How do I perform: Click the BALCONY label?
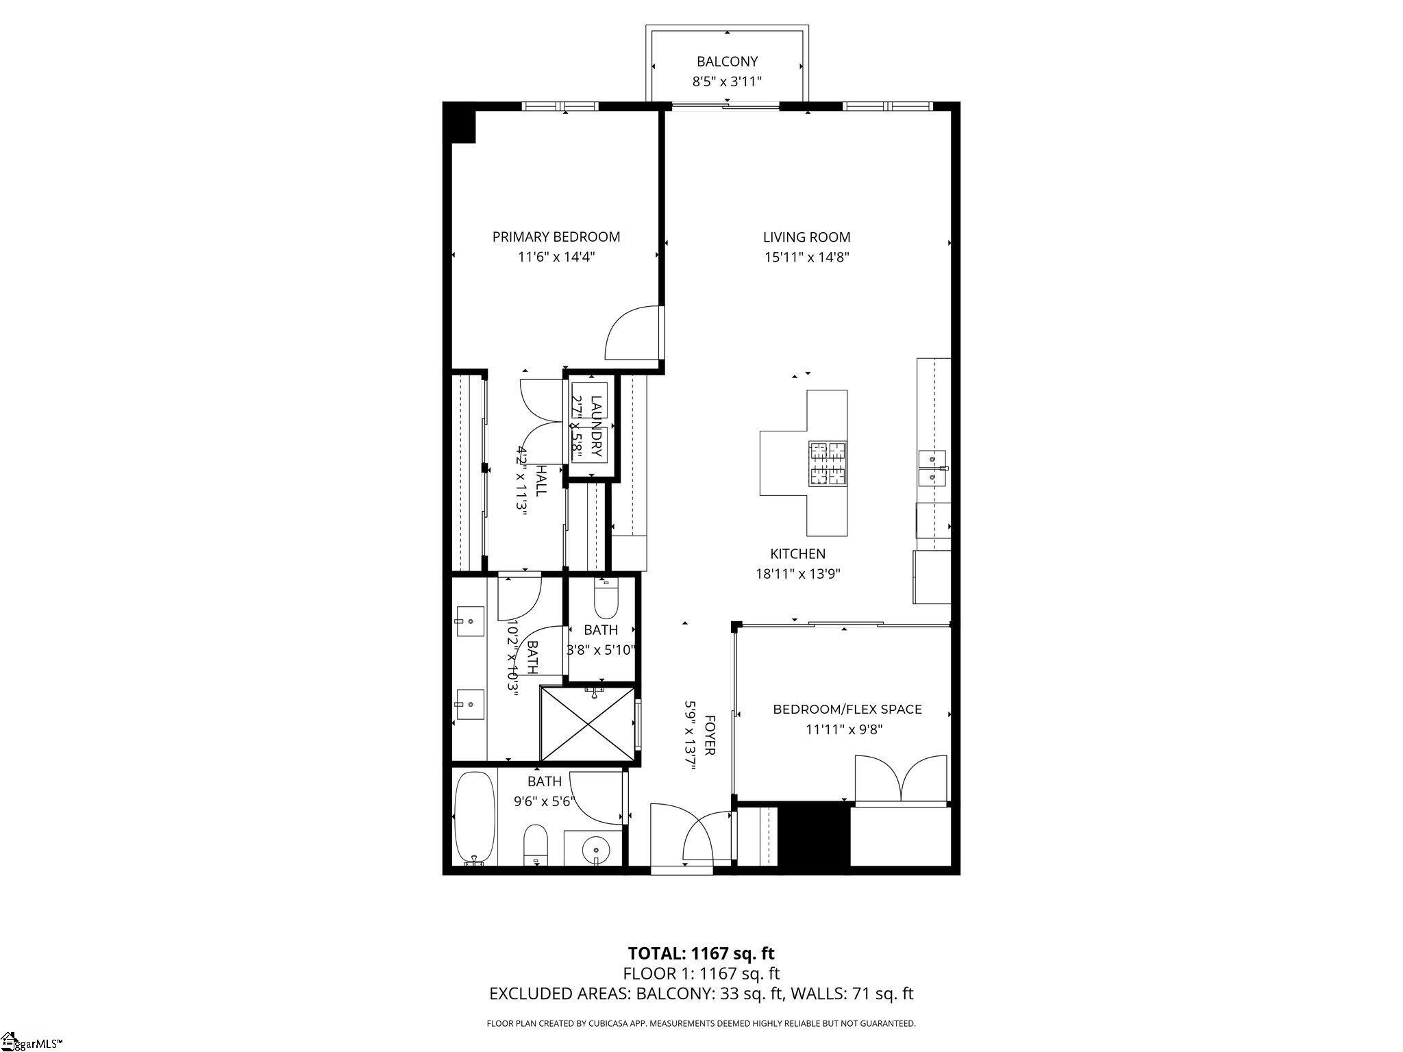coord(727,62)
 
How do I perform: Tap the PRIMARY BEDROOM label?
coord(556,237)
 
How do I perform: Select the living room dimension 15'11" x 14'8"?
coord(806,258)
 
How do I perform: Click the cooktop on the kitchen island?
coord(828,464)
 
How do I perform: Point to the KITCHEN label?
coord(797,554)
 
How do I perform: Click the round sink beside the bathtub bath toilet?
coord(595,851)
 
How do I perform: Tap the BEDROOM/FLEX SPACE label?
coord(847,710)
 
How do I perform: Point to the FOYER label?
coord(710,736)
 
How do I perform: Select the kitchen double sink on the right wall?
coord(932,468)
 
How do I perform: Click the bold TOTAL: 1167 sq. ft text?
coord(701,953)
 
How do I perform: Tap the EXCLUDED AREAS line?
coord(701,994)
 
